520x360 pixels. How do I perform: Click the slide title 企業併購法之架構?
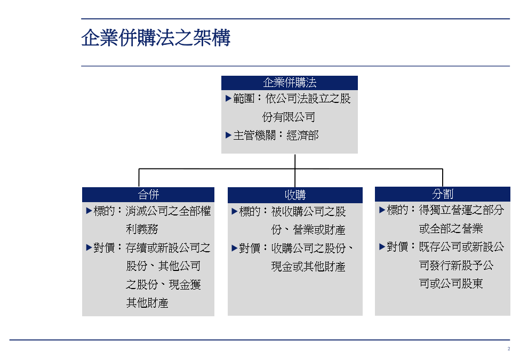pos(156,37)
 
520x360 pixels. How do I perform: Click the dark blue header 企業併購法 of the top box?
pos(290,83)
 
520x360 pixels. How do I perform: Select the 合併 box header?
pos(148,195)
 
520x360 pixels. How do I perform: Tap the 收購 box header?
pos(295,195)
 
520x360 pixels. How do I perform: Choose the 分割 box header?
pos(442,194)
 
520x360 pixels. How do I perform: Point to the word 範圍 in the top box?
pos(244,99)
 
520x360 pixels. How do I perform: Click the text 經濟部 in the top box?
pos(302,135)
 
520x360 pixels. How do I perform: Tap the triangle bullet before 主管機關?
pos(228,135)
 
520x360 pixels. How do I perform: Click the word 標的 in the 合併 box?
pos(104,211)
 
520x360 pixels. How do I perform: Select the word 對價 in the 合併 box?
pos(104,247)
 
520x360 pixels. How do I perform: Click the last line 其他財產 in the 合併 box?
pos(147,302)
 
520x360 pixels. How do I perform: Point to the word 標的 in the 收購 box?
pos(250,212)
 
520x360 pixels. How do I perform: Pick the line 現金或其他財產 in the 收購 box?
pos(308,267)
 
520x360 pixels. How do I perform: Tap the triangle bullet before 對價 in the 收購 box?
pos(235,249)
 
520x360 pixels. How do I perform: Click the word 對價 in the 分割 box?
pos(397,246)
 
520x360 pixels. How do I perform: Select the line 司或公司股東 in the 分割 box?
pos(451,283)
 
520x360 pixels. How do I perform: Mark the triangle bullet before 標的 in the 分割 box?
pos(382,210)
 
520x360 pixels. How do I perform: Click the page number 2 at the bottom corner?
pos(509,349)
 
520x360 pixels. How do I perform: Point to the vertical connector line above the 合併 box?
pos(139,178)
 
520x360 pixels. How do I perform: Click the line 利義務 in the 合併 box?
pos(142,229)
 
